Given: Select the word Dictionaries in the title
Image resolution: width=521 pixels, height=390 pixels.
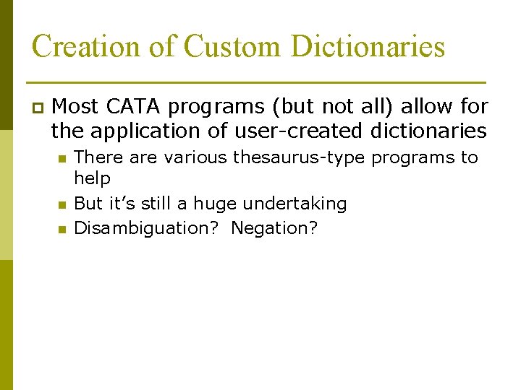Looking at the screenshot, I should click(x=368, y=47).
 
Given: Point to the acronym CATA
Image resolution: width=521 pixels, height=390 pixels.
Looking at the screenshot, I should click(x=134, y=107).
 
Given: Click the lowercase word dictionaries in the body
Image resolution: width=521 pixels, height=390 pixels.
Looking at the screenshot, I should click(x=428, y=131).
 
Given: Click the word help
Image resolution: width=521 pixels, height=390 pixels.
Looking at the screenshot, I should click(x=92, y=178).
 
